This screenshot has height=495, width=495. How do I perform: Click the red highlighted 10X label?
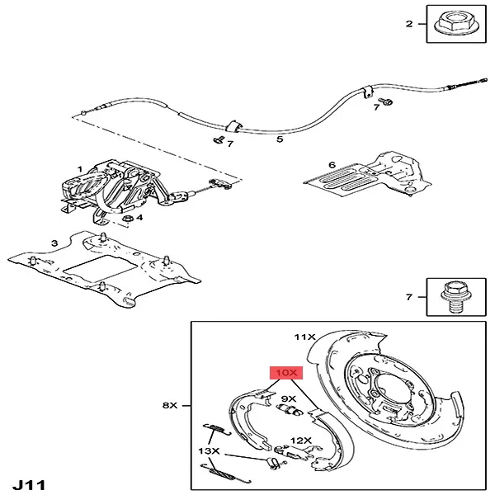click(287, 373)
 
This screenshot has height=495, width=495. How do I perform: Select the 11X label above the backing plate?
click(305, 337)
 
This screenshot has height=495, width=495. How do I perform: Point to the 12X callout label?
click(300, 441)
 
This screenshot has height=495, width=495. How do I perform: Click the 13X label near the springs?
click(209, 451)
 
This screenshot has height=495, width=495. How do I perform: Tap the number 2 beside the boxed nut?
click(408, 25)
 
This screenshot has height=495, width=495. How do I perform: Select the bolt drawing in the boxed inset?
click(452, 295)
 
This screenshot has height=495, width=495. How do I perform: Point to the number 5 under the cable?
click(280, 139)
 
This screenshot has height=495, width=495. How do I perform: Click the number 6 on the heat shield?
click(332, 165)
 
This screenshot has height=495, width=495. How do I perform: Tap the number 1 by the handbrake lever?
click(80, 169)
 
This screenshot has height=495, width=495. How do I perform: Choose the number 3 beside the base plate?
click(54, 243)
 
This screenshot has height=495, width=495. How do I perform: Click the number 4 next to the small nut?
click(139, 219)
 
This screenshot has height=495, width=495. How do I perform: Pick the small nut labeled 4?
click(128, 218)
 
